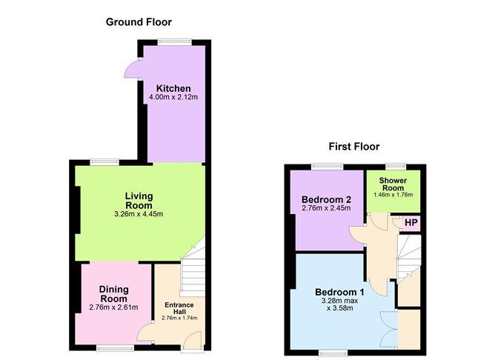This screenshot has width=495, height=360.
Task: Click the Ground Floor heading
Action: (x=139, y=21)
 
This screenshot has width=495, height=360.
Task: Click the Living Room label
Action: (x=139, y=201)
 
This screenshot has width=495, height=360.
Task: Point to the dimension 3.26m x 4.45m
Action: (x=139, y=215)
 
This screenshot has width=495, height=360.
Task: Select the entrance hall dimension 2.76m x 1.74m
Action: (x=179, y=319)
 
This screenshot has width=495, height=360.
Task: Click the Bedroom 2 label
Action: (x=326, y=199)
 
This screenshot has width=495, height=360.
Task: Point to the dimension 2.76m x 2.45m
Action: (x=326, y=210)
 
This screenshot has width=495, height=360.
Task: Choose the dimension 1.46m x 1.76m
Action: (x=393, y=195)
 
